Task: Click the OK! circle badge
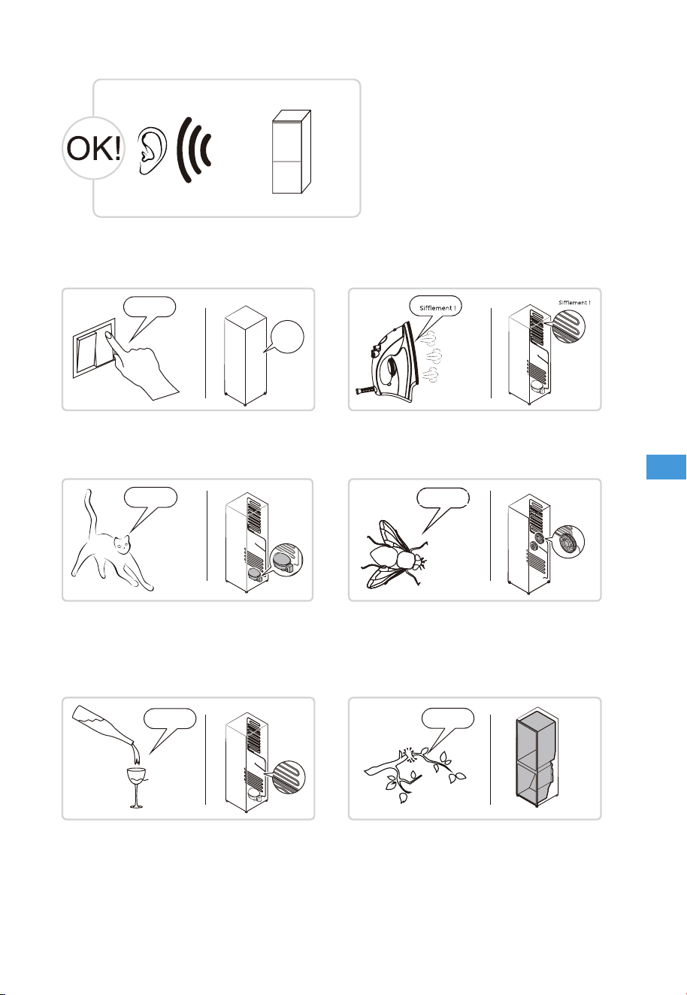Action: tap(93, 148)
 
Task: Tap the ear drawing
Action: tap(153, 150)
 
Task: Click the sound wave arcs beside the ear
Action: tap(193, 150)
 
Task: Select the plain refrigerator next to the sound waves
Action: tap(291, 152)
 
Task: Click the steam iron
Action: tap(388, 359)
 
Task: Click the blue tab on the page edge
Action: tap(666, 467)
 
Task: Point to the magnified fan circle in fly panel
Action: tap(568, 542)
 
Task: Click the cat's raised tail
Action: tap(91, 512)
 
